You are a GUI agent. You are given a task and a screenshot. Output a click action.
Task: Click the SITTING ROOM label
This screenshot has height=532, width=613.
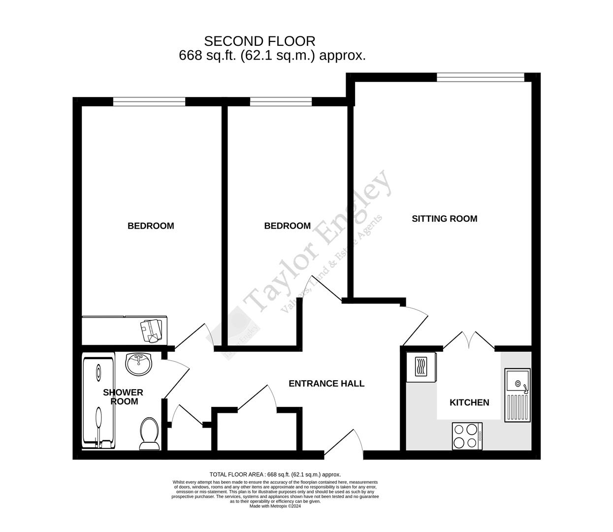[444, 219]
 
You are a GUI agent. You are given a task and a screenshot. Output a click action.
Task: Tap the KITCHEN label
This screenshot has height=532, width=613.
[469, 402]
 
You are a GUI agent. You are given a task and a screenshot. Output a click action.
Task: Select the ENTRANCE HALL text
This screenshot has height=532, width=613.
[326, 383]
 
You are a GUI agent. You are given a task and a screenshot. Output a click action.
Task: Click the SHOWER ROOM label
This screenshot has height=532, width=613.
[123, 397]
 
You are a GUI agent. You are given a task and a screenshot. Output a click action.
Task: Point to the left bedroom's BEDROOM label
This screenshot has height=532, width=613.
[151, 226]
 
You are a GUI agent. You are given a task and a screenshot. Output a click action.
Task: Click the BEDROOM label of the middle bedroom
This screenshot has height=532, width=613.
[287, 226]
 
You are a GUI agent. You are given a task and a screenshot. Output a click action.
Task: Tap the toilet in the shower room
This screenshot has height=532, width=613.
[149, 433]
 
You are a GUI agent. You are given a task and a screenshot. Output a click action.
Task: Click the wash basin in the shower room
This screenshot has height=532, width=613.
[139, 365]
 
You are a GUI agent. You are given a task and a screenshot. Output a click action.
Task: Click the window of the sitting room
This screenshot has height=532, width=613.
[480, 77]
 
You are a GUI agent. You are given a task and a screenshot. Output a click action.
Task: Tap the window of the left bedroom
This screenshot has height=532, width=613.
[149, 101]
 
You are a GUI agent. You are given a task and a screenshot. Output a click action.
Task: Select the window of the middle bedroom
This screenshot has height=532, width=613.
[281, 101]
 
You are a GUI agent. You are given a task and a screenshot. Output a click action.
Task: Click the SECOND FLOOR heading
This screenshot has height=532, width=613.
[259, 41]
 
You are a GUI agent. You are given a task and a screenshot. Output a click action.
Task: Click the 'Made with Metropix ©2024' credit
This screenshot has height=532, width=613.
[275, 506]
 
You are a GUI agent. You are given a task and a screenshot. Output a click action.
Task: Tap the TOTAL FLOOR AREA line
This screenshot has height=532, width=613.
[275, 474]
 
